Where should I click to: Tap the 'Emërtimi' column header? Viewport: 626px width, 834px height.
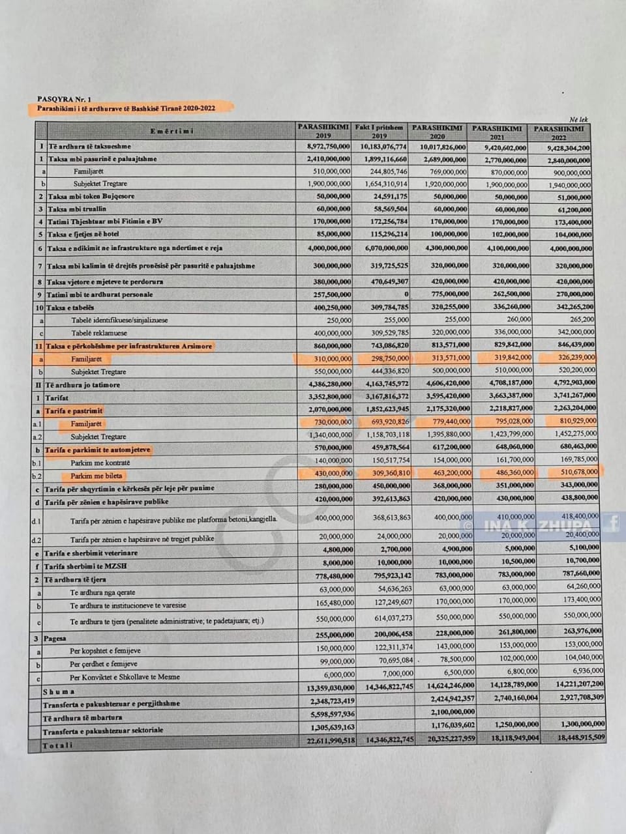[x=171, y=132]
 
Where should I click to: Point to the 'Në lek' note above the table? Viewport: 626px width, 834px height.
[x=578, y=119]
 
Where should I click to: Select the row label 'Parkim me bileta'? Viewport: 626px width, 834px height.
[x=97, y=476]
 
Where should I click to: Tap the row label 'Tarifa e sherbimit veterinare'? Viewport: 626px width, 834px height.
[x=91, y=553]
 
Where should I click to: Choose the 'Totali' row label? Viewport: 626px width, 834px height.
[x=58, y=745]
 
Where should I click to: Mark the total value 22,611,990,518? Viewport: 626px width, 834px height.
[x=324, y=740]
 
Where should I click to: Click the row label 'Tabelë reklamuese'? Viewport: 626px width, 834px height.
[x=100, y=333]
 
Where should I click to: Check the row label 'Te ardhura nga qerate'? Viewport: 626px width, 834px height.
[x=104, y=593]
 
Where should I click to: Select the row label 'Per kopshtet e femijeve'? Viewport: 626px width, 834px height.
[x=105, y=650]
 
